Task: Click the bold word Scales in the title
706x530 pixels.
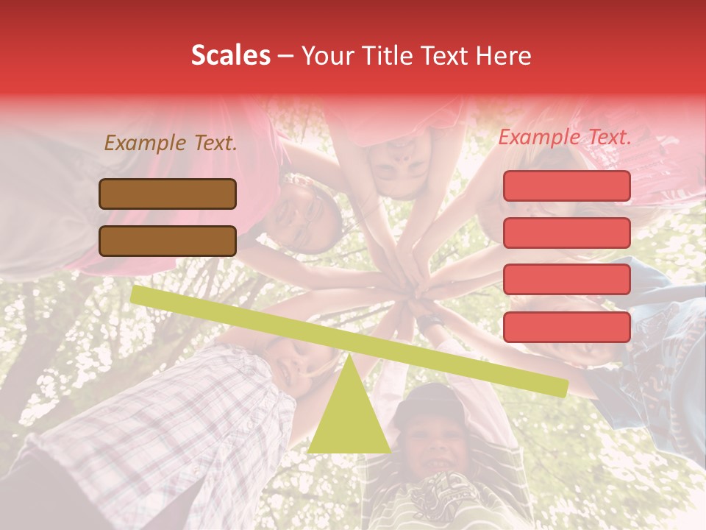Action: point(230,56)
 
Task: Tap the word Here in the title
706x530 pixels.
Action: point(504,56)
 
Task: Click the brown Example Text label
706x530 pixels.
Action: point(171,144)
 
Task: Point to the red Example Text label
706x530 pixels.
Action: point(565,137)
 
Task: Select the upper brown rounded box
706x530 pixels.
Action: point(168,194)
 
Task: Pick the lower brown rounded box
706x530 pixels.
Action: point(168,241)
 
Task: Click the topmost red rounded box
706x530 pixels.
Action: point(566,185)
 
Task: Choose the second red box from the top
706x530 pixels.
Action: point(566,233)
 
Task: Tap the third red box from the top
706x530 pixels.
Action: point(566,280)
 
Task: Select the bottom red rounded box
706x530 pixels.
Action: point(566,327)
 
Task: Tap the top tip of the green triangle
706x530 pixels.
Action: point(349,356)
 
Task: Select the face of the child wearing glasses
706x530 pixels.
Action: point(303,217)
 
